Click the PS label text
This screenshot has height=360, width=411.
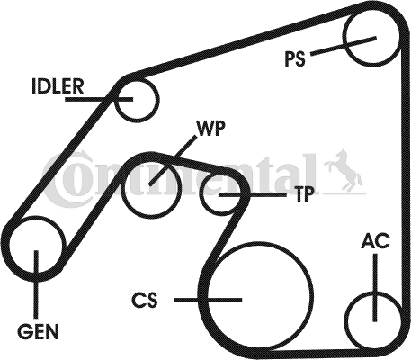[x=295, y=59]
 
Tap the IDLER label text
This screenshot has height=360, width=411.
[x=58, y=86]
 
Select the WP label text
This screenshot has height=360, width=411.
[x=210, y=129]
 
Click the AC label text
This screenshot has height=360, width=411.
[x=376, y=241]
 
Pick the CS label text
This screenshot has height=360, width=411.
[x=145, y=301]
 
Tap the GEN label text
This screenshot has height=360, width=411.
[x=38, y=331]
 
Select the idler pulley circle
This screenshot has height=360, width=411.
[x=156, y=101]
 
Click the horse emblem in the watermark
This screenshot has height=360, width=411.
[x=344, y=170]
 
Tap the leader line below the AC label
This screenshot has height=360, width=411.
[x=375, y=288]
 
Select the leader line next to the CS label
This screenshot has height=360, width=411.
[x=208, y=300]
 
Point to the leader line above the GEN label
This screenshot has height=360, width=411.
[x=36, y=284]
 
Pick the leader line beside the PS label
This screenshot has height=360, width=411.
[x=344, y=46]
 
